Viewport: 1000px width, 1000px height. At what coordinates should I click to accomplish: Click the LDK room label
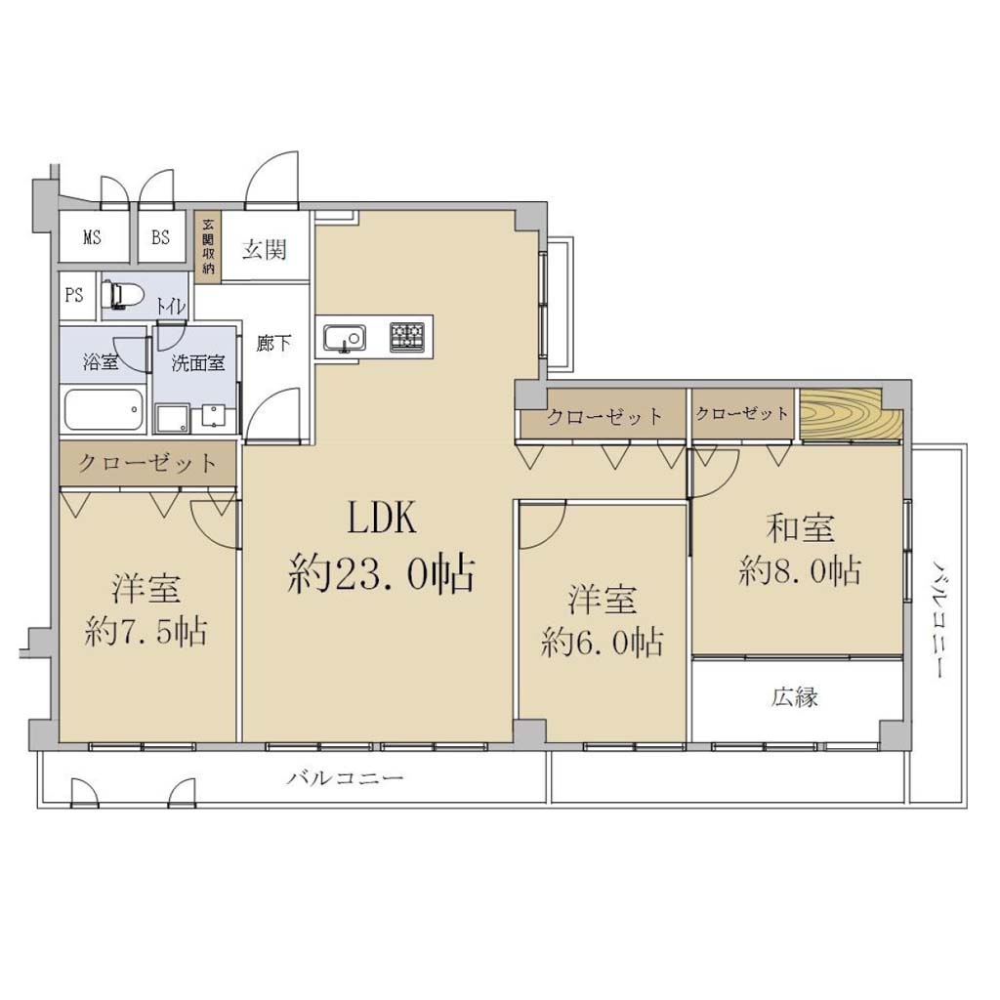pyautogui.click(x=382, y=518)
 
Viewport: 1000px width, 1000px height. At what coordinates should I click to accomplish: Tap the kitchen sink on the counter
pyautogui.click(x=345, y=338)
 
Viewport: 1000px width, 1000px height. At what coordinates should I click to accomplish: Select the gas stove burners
pyautogui.click(x=407, y=337)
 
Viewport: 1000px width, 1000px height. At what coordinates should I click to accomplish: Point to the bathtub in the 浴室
pyautogui.click(x=104, y=409)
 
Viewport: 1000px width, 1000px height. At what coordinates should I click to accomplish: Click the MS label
pyautogui.click(x=92, y=237)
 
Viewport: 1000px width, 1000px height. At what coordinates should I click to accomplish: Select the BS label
pyautogui.click(x=160, y=237)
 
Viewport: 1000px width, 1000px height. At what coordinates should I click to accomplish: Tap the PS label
pyautogui.click(x=74, y=295)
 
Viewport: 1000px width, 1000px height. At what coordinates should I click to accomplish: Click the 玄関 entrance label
pyautogui.click(x=264, y=249)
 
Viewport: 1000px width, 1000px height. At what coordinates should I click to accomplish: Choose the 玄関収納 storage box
pyautogui.click(x=208, y=247)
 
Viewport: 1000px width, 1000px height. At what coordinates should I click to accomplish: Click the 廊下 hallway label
pyautogui.click(x=273, y=343)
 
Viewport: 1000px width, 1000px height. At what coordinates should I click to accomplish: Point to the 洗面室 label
pyautogui.click(x=197, y=363)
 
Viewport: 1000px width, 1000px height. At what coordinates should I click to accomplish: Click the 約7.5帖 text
pyautogui.click(x=146, y=632)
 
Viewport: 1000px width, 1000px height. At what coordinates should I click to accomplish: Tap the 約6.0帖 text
pyautogui.click(x=602, y=642)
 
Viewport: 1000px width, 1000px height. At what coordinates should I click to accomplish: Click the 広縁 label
pyautogui.click(x=795, y=697)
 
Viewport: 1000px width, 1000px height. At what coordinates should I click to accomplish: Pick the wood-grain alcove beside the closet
pyautogui.click(x=852, y=415)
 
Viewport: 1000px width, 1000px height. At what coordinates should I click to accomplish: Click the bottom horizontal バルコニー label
pyautogui.click(x=345, y=778)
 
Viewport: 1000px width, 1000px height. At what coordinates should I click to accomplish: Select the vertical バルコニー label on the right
pyautogui.click(x=938, y=618)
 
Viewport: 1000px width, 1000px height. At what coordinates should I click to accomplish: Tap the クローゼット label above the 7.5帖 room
pyautogui.click(x=147, y=462)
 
